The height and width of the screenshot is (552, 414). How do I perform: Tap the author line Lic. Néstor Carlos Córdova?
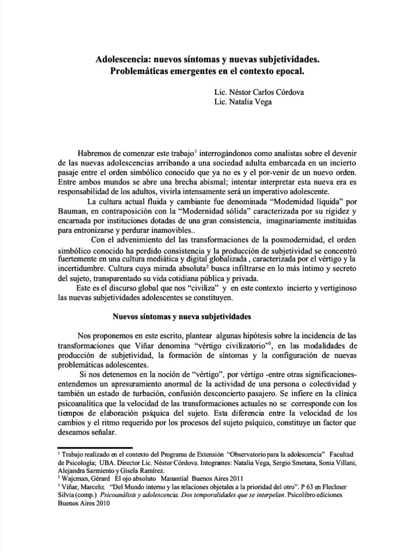point(259,92)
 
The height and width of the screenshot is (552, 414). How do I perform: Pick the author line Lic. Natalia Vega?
point(243,102)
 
